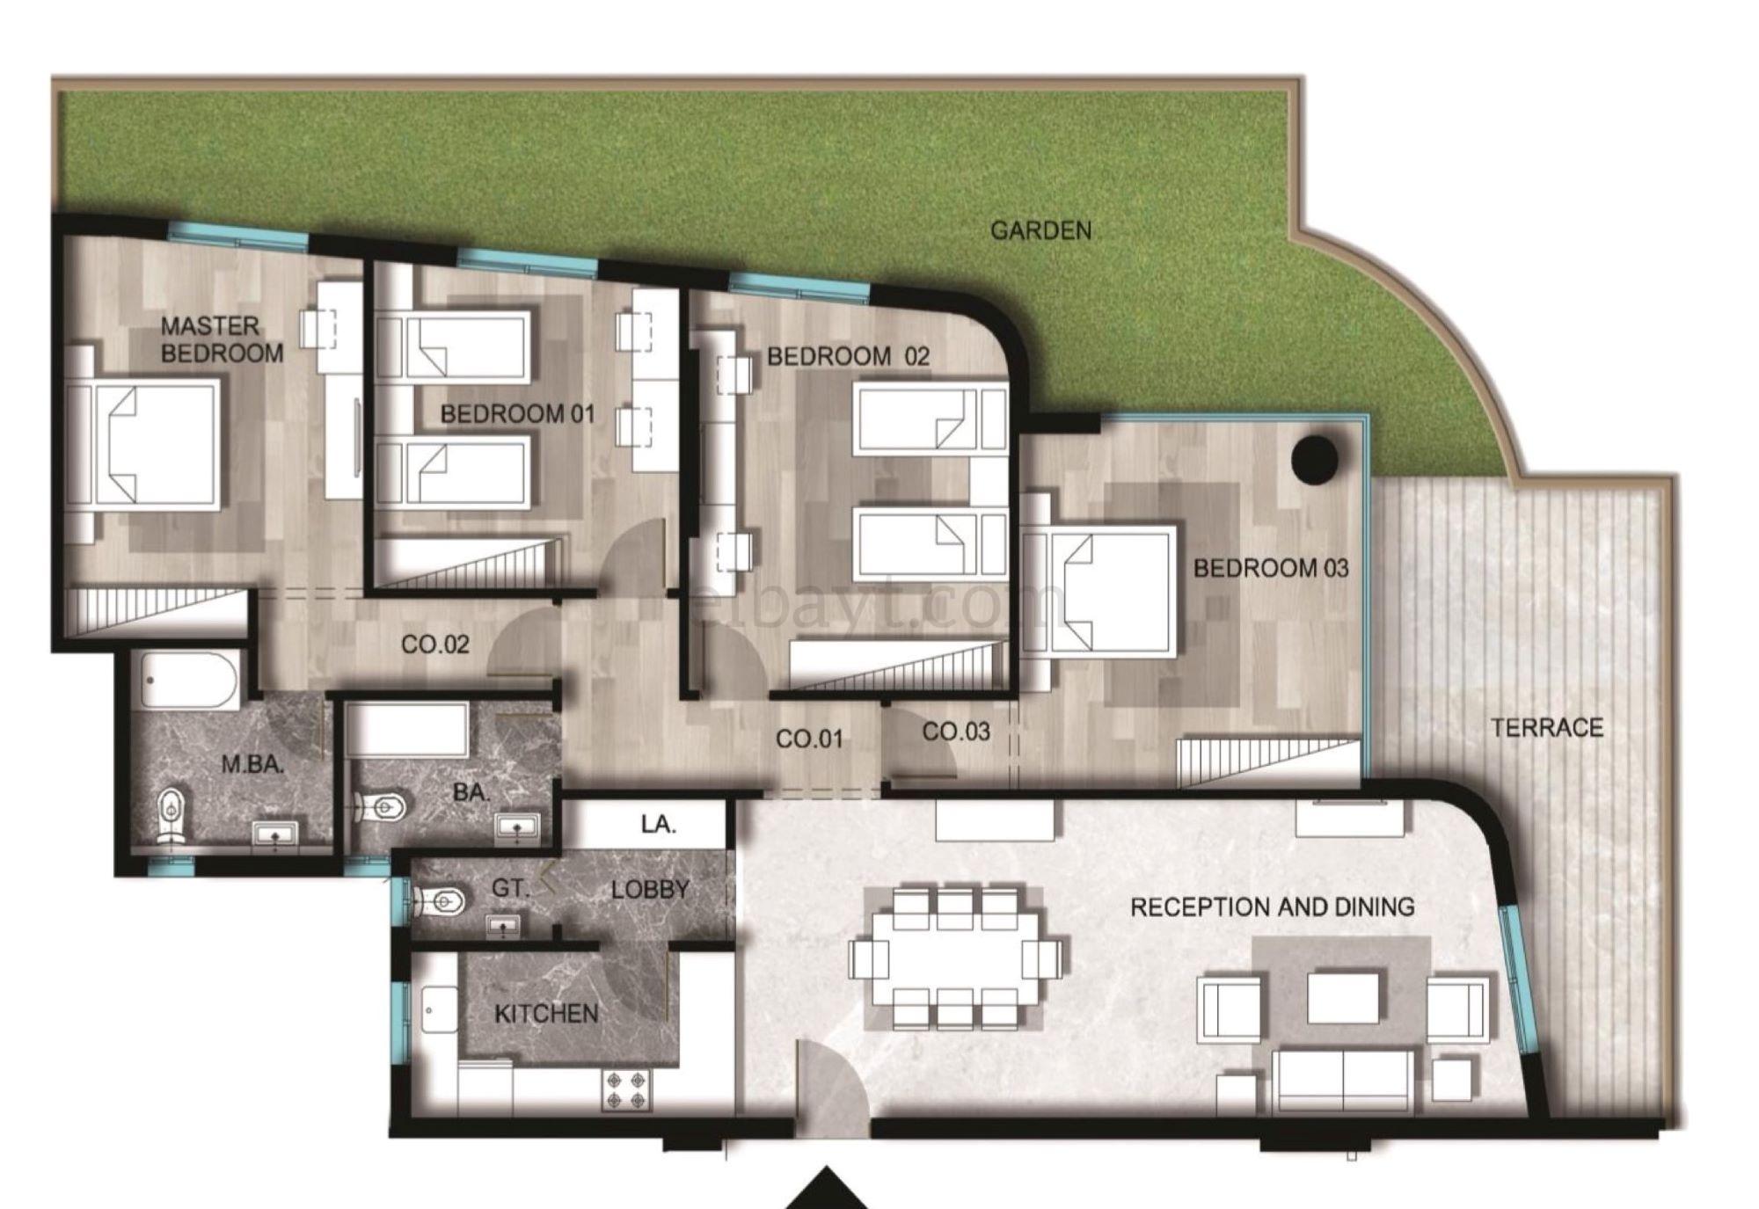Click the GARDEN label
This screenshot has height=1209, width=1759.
(x=1040, y=230)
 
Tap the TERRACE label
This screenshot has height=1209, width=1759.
(x=1547, y=727)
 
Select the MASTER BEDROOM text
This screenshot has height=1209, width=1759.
(x=223, y=339)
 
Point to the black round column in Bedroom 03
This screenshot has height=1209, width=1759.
(x=1314, y=459)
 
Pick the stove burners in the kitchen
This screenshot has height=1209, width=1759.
(x=626, y=1090)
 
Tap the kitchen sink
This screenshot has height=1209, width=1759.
(x=440, y=1009)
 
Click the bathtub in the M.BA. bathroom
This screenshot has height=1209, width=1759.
(x=190, y=681)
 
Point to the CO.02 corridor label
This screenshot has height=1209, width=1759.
(x=435, y=645)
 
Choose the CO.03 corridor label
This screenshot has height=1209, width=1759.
(x=956, y=731)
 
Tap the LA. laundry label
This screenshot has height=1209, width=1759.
(x=658, y=824)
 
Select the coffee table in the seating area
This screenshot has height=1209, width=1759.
(x=1343, y=997)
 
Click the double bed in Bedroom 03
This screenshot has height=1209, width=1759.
(x=1099, y=591)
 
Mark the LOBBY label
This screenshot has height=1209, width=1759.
(x=650, y=889)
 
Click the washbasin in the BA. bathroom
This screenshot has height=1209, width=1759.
(x=517, y=827)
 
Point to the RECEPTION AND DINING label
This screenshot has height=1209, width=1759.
(x=1273, y=907)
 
